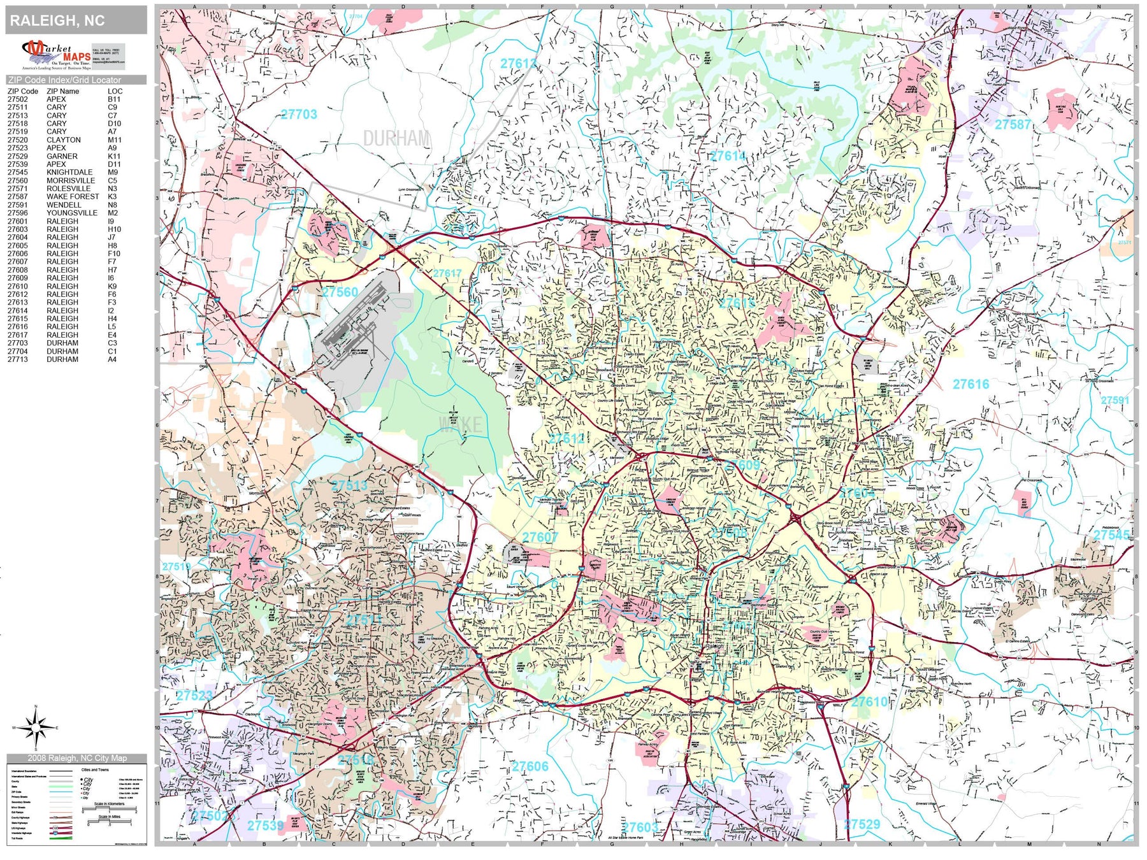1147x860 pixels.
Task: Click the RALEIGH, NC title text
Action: (57, 20)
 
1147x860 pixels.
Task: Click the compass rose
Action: (36, 727)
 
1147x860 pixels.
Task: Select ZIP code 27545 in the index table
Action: (18, 172)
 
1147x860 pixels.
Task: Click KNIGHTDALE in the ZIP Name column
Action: (69, 172)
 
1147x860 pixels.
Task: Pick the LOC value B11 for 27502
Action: (114, 99)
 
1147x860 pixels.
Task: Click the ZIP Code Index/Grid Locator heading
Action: (64, 80)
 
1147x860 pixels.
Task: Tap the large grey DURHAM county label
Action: (396, 138)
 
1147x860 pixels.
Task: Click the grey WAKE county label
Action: (461, 424)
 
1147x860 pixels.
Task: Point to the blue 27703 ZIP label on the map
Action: (299, 115)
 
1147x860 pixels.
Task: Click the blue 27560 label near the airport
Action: (340, 292)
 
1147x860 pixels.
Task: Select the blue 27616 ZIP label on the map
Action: (970, 384)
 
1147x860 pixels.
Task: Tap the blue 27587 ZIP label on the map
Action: (1013, 124)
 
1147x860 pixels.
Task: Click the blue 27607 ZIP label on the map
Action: (540, 537)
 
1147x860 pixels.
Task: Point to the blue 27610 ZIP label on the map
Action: (869, 701)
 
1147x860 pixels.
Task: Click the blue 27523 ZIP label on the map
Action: (194, 695)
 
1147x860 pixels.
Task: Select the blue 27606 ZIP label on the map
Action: (530, 766)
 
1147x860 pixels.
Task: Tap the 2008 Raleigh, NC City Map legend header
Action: (76, 758)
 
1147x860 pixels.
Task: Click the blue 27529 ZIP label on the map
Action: (862, 824)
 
